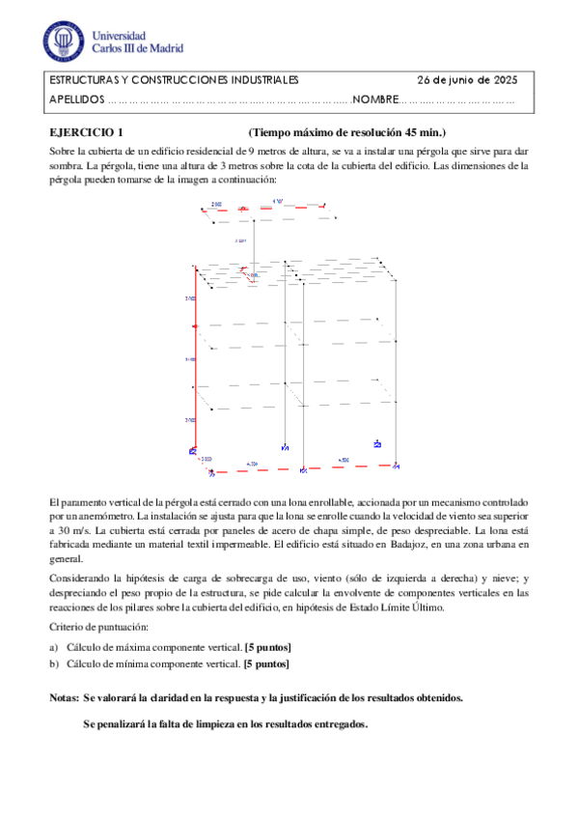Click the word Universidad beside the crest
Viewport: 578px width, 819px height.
pos(123,32)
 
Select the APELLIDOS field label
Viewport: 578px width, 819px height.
pos(75,99)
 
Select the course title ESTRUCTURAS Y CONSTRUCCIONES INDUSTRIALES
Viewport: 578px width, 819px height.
pos(174,80)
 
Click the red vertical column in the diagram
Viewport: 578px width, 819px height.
pos(196,357)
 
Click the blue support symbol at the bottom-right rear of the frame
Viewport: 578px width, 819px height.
pos(377,444)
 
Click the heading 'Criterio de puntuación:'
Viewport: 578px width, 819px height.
pos(97,628)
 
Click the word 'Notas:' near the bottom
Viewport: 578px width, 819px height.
pos(64,697)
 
